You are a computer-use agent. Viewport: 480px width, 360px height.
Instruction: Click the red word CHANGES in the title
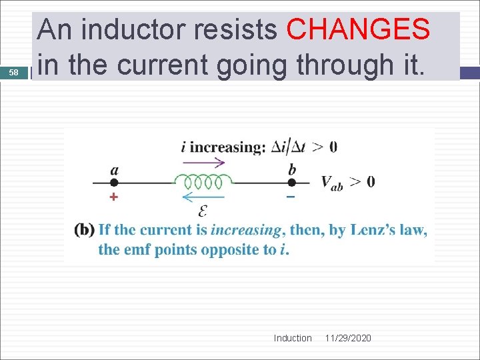click(357, 29)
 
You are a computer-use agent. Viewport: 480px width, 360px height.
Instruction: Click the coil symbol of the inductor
click(203, 181)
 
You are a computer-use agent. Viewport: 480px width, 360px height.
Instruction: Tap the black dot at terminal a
click(114, 182)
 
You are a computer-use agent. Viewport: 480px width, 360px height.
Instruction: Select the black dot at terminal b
click(291, 182)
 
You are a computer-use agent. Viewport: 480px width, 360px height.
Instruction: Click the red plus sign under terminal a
click(113, 197)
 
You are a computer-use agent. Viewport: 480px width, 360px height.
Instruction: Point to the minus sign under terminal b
click(291, 197)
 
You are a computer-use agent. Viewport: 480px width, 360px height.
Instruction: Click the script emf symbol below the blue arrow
click(203, 211)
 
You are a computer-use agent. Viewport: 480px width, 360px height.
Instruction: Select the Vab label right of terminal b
click(332, 182)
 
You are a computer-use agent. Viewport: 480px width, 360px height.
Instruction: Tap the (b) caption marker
click(84, 230)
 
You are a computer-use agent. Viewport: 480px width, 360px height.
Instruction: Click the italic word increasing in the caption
click(245, 231)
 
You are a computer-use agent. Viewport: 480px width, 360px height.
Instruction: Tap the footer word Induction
click(293, 338)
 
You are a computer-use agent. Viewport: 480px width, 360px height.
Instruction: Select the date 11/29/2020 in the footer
click(348, 338)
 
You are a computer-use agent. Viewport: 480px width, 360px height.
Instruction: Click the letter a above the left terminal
click(115, 169)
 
